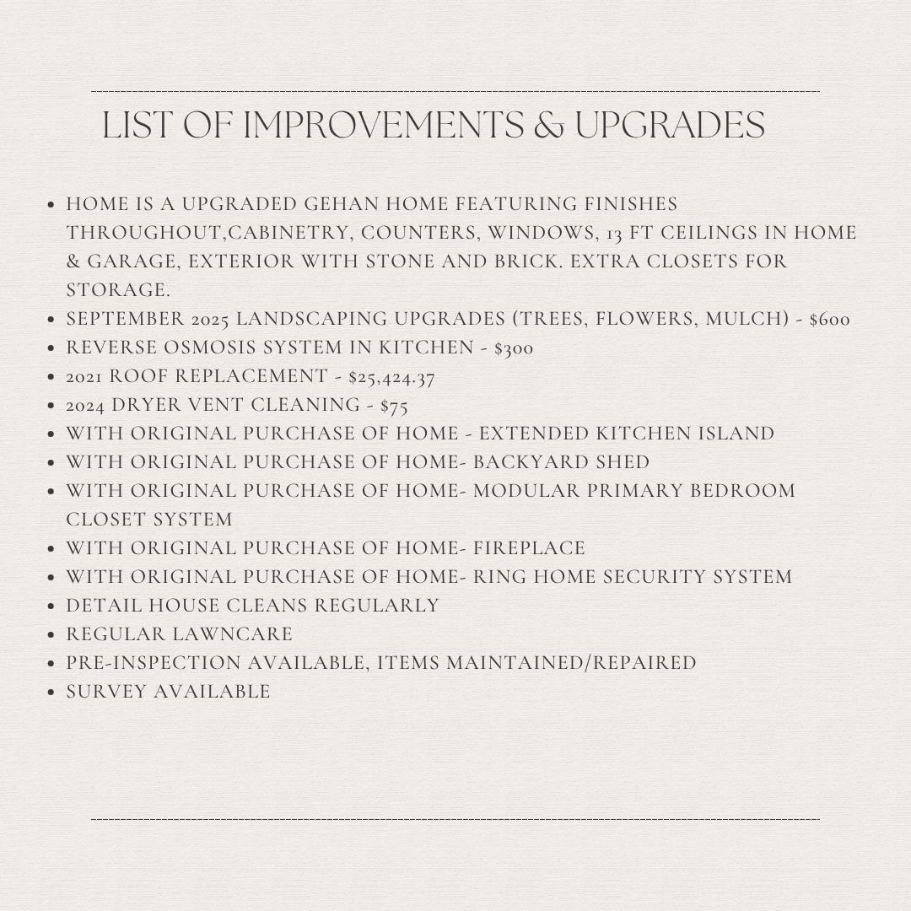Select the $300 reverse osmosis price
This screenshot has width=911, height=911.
tap(514, 348)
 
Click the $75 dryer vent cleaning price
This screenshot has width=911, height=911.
tap(394, 406)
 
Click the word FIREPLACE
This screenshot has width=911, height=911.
tap(529, 549)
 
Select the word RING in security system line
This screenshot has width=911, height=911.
tap(500, 578)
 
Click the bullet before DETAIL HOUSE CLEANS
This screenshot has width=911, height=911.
tap(52, 606)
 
